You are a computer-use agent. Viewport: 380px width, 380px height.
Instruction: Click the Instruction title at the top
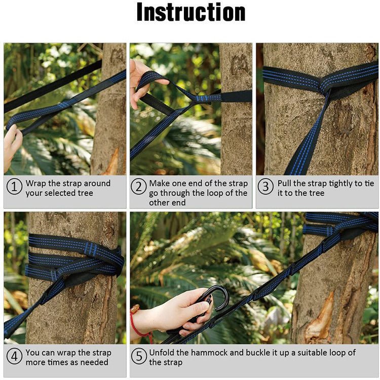[191, 12]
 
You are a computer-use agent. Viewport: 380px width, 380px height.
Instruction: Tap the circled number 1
[14, 187]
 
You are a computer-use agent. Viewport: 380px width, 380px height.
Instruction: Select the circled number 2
[138, 187]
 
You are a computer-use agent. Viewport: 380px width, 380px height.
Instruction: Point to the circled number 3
[265, 187]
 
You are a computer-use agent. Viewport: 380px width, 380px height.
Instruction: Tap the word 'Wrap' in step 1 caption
[36, 183]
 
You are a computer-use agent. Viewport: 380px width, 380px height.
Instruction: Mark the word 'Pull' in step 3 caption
[285, 183]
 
